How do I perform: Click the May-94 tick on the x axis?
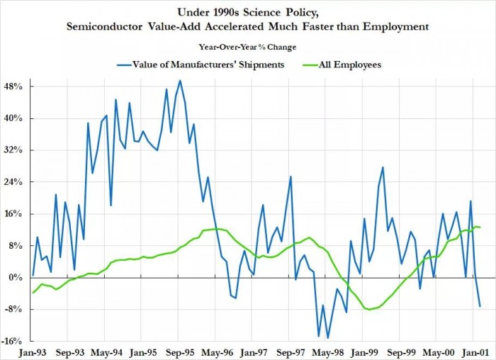point(106,351)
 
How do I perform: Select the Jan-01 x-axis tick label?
point(474,351)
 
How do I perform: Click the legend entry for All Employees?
point(348,64)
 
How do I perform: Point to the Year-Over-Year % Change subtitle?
point(248,47)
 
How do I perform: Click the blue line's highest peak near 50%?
point(180,80)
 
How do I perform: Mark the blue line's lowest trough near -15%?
point(327,338)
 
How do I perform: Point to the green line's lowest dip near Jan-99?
point(368,310)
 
